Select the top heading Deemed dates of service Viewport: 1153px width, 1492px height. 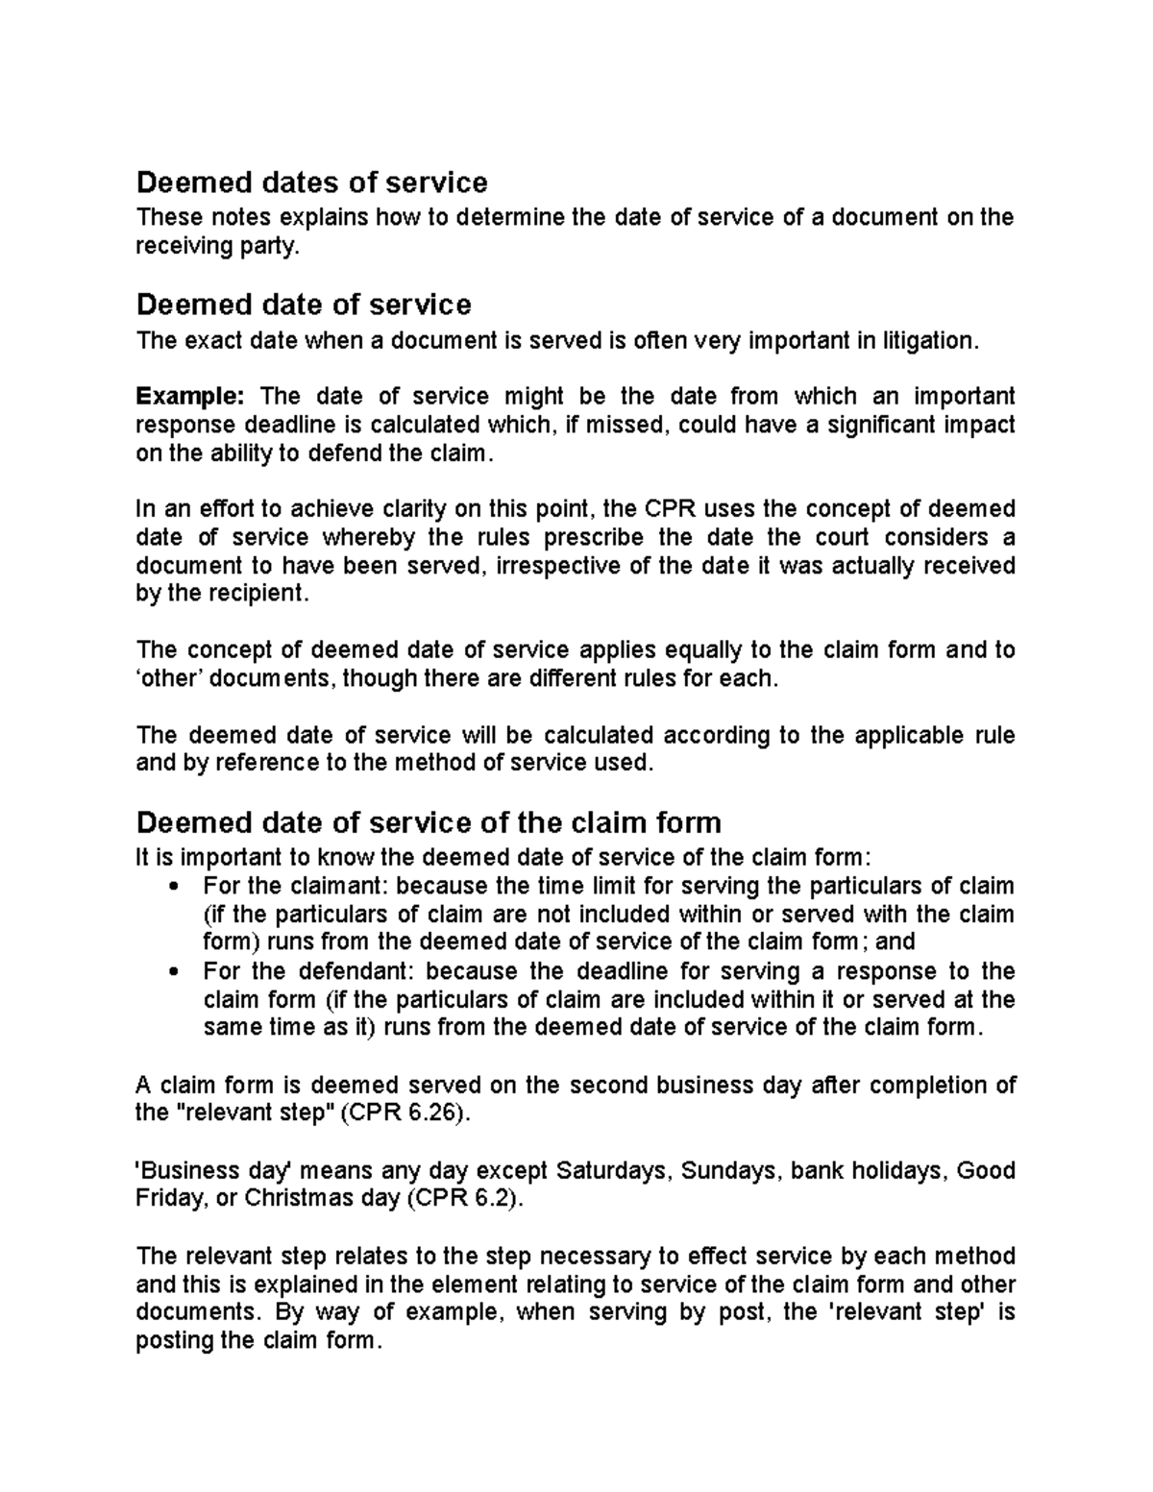pos(312,182)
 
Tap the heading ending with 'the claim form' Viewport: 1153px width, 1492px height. pos(429,822)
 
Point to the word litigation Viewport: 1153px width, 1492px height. pos(922,340)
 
